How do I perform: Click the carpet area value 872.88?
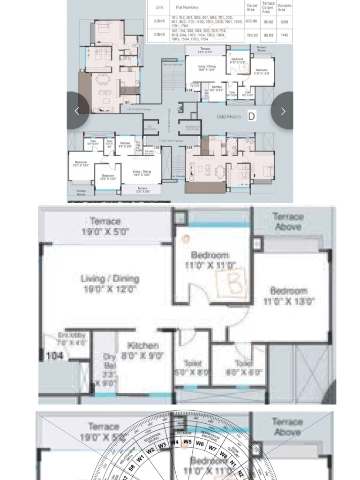tap(251, 22)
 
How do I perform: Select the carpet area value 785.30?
tap(252, 35)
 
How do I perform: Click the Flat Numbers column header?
tap(187, 7)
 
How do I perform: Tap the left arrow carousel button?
tap(77, 111)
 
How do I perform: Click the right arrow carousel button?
tap(283, 111)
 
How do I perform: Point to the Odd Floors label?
tap(229, 116)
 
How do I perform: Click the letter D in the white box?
tap(252, 116)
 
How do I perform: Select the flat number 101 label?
tap(127, 102)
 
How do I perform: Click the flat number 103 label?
tap(190, 148)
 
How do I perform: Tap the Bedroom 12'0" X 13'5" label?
tap(80, 164)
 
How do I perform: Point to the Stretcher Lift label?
tap(193, 128)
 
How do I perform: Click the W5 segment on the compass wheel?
tap(187, 442)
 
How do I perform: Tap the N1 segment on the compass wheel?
tap(233, 463)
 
